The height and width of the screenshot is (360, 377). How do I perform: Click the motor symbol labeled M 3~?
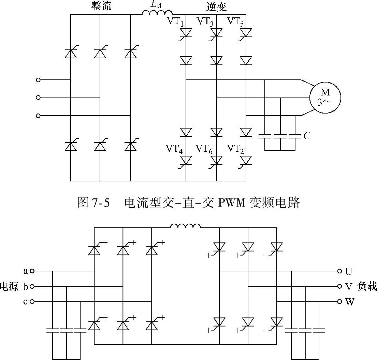[x=325, y=97]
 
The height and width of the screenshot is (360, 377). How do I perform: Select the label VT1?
[x=176, y=21]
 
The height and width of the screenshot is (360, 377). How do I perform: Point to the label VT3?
[x=206, y=21]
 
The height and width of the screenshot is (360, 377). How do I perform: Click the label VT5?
[x=236, y=21]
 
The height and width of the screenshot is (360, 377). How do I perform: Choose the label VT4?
[x=175, y=149]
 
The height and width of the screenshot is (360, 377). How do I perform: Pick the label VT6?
[x=205, y=149]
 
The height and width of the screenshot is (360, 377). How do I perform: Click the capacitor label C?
[x=307, y=136]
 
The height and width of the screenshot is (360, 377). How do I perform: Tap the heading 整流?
[x=101, y=6]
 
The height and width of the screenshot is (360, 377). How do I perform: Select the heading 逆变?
[x=216, y=6]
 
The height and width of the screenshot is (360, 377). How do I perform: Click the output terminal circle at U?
[x=339, y=271]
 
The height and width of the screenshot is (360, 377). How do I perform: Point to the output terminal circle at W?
[x=339, y=302]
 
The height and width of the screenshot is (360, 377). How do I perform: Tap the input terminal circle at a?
[x=32, y=271]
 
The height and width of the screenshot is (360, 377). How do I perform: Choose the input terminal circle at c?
[x=32, y=302]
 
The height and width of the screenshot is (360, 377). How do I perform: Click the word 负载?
[x=367, y=286]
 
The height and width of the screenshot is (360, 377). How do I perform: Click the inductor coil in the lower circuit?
[x=185, y=226]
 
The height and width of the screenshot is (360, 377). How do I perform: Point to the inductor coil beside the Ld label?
[x=157, y=13]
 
